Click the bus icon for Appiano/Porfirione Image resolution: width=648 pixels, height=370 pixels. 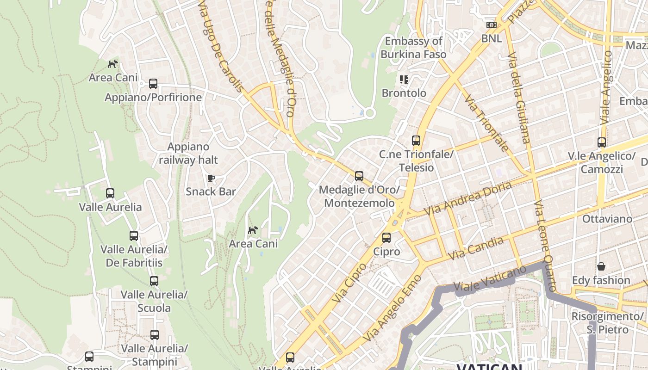(153, 84)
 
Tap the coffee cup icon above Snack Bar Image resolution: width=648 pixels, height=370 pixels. (211, 178)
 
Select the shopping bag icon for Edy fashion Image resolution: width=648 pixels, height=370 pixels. (601, 266)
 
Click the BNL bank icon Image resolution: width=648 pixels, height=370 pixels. (491, 25)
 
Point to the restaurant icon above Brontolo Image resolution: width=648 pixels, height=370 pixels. (404, 80)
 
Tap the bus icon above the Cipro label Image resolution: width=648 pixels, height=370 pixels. (386, 238)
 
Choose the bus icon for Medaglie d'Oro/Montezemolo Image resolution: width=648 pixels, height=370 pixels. (359, 176)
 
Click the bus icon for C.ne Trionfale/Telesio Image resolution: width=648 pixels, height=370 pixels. (416, 141)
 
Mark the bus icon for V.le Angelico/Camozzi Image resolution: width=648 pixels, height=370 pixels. (601, 142)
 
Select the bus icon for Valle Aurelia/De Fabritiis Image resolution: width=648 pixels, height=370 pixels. (134, 236)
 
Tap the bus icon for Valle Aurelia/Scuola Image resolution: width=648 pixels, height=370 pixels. (154, 281)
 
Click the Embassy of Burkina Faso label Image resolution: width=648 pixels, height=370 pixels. (413, 48)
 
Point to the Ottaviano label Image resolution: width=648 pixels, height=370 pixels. (607, 219)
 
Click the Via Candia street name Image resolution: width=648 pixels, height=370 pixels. (476, 248)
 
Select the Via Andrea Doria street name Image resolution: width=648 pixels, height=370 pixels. (468, 198)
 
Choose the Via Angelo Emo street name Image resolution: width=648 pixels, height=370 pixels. (392, 308)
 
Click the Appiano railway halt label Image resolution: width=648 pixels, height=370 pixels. (188, 154)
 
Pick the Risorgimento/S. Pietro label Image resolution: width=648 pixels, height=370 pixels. (607, 323)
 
